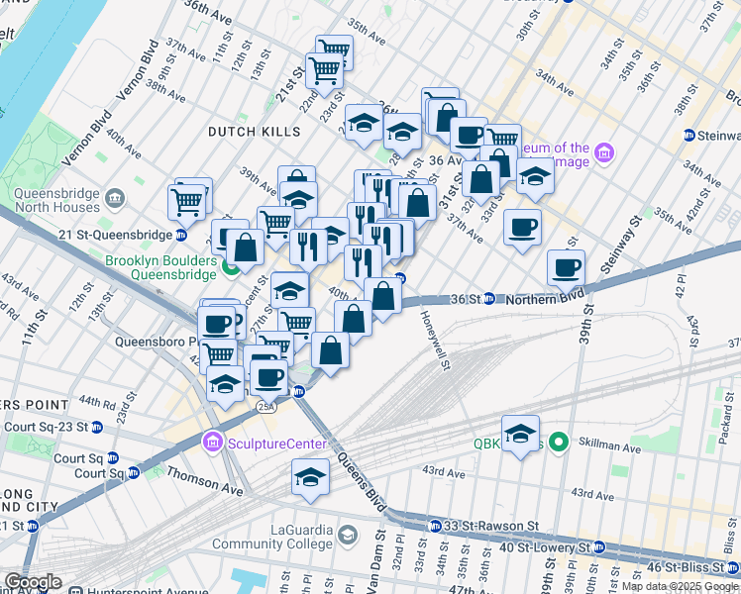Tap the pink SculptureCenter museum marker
[x=210, y=441]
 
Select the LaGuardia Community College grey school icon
[x=348, y=536]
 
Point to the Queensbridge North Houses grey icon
[x=116, y=199]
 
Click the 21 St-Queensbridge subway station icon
[x=181, y=235]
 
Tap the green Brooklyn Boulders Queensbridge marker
[x=231, y=266]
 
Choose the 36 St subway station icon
[x=489, y=299]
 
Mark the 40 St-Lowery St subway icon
[x=597, y=546]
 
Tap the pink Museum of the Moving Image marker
[x=604, y=155]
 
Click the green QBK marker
[x=558, y=442]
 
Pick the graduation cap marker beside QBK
[x=520, y=435]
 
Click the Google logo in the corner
[x=32, y=582]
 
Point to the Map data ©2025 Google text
[x=680, y=586]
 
